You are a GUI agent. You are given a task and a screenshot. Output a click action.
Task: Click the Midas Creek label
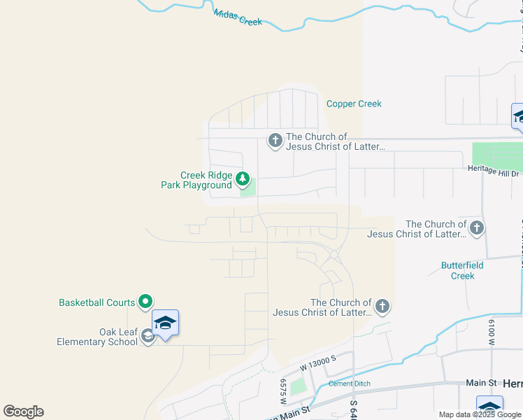click(x=238, y=17)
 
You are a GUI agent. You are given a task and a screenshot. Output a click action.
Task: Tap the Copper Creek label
click(x=354, y=104)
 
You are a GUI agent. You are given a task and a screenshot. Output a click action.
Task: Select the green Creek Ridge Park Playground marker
click(x=243, y=179)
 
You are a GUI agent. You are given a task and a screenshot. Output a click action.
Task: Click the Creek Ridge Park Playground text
click(x=206, y=180)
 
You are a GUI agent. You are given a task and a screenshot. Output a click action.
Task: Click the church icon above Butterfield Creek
click(x=476, y=227)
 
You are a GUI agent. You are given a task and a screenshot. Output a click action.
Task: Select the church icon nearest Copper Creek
click(x=275, y=141)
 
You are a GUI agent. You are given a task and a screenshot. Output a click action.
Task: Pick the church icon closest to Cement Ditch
click(x=382, y=306)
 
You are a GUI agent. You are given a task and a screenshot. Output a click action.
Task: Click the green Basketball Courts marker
click(x=145, y=302)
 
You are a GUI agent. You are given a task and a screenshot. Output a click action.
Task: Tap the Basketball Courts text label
click(x=96, y=302)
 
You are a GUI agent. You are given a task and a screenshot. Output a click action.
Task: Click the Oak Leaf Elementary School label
click(x=98, y=337)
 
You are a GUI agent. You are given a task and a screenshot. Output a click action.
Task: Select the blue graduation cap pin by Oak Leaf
click(x=165, y=323)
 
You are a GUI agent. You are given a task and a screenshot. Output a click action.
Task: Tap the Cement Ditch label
click(x=350, y=384)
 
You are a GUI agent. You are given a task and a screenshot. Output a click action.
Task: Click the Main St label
click(x=481, y=383)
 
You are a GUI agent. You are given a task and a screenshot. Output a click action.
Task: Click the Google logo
click(x=24, y=412)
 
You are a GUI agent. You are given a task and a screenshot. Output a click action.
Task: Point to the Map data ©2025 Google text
click(x=480, y=414)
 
